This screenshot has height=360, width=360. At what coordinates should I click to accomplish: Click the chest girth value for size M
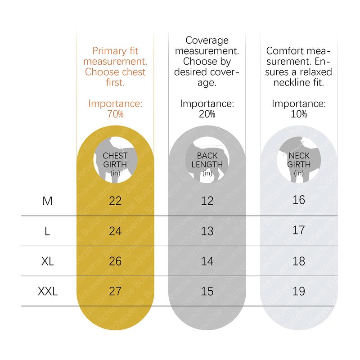[x=116, y=201]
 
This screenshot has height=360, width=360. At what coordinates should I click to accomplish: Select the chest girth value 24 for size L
[x=116, y=231]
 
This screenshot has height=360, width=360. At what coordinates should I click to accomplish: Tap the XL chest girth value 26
[x=116, y=261]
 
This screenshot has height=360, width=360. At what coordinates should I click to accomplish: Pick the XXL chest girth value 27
[x=116, y=291]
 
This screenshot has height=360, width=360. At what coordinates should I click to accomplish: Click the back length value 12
[x=207, y=201]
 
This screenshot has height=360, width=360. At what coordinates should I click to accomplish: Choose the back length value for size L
[x=207, y=231]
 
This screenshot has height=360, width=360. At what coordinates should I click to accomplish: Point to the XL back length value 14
[x=207, y=261]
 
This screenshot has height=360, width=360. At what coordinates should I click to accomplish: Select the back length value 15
[x=207, y=291]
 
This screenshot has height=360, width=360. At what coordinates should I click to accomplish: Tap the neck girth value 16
[x=299, y=200]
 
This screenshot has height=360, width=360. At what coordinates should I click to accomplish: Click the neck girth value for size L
[x=299, y=231]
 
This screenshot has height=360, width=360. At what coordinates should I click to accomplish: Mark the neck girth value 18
[x=299, y=261]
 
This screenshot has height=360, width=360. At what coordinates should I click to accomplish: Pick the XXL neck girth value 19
[x=299, y=291]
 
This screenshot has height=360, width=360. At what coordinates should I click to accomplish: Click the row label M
[x=47, y=201]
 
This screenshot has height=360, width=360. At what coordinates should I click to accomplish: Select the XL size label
[x=47, y=261]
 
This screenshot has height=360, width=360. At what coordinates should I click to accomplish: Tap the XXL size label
[x=47, y=291]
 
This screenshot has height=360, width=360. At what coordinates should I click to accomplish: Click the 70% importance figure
[x=115, y=114]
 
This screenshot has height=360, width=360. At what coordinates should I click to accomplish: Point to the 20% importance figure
[x=207, y=114]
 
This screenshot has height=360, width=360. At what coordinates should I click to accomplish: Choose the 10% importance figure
[x=299, y=114]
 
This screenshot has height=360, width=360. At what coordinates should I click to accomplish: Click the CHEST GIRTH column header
[x=115, y=161]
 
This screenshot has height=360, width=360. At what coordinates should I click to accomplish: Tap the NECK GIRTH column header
[x=299, y=161]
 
